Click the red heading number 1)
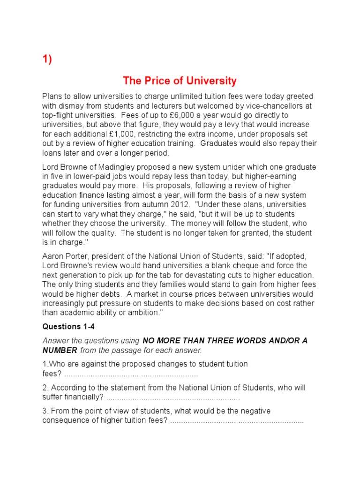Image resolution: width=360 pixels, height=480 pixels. pos(47,60)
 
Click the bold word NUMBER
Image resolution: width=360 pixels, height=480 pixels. pos(60,350)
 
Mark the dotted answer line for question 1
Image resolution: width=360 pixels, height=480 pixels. pos(131,375)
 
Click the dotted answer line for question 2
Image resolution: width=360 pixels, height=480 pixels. pos(172,398)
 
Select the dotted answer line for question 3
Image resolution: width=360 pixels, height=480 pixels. pos(237,420)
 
